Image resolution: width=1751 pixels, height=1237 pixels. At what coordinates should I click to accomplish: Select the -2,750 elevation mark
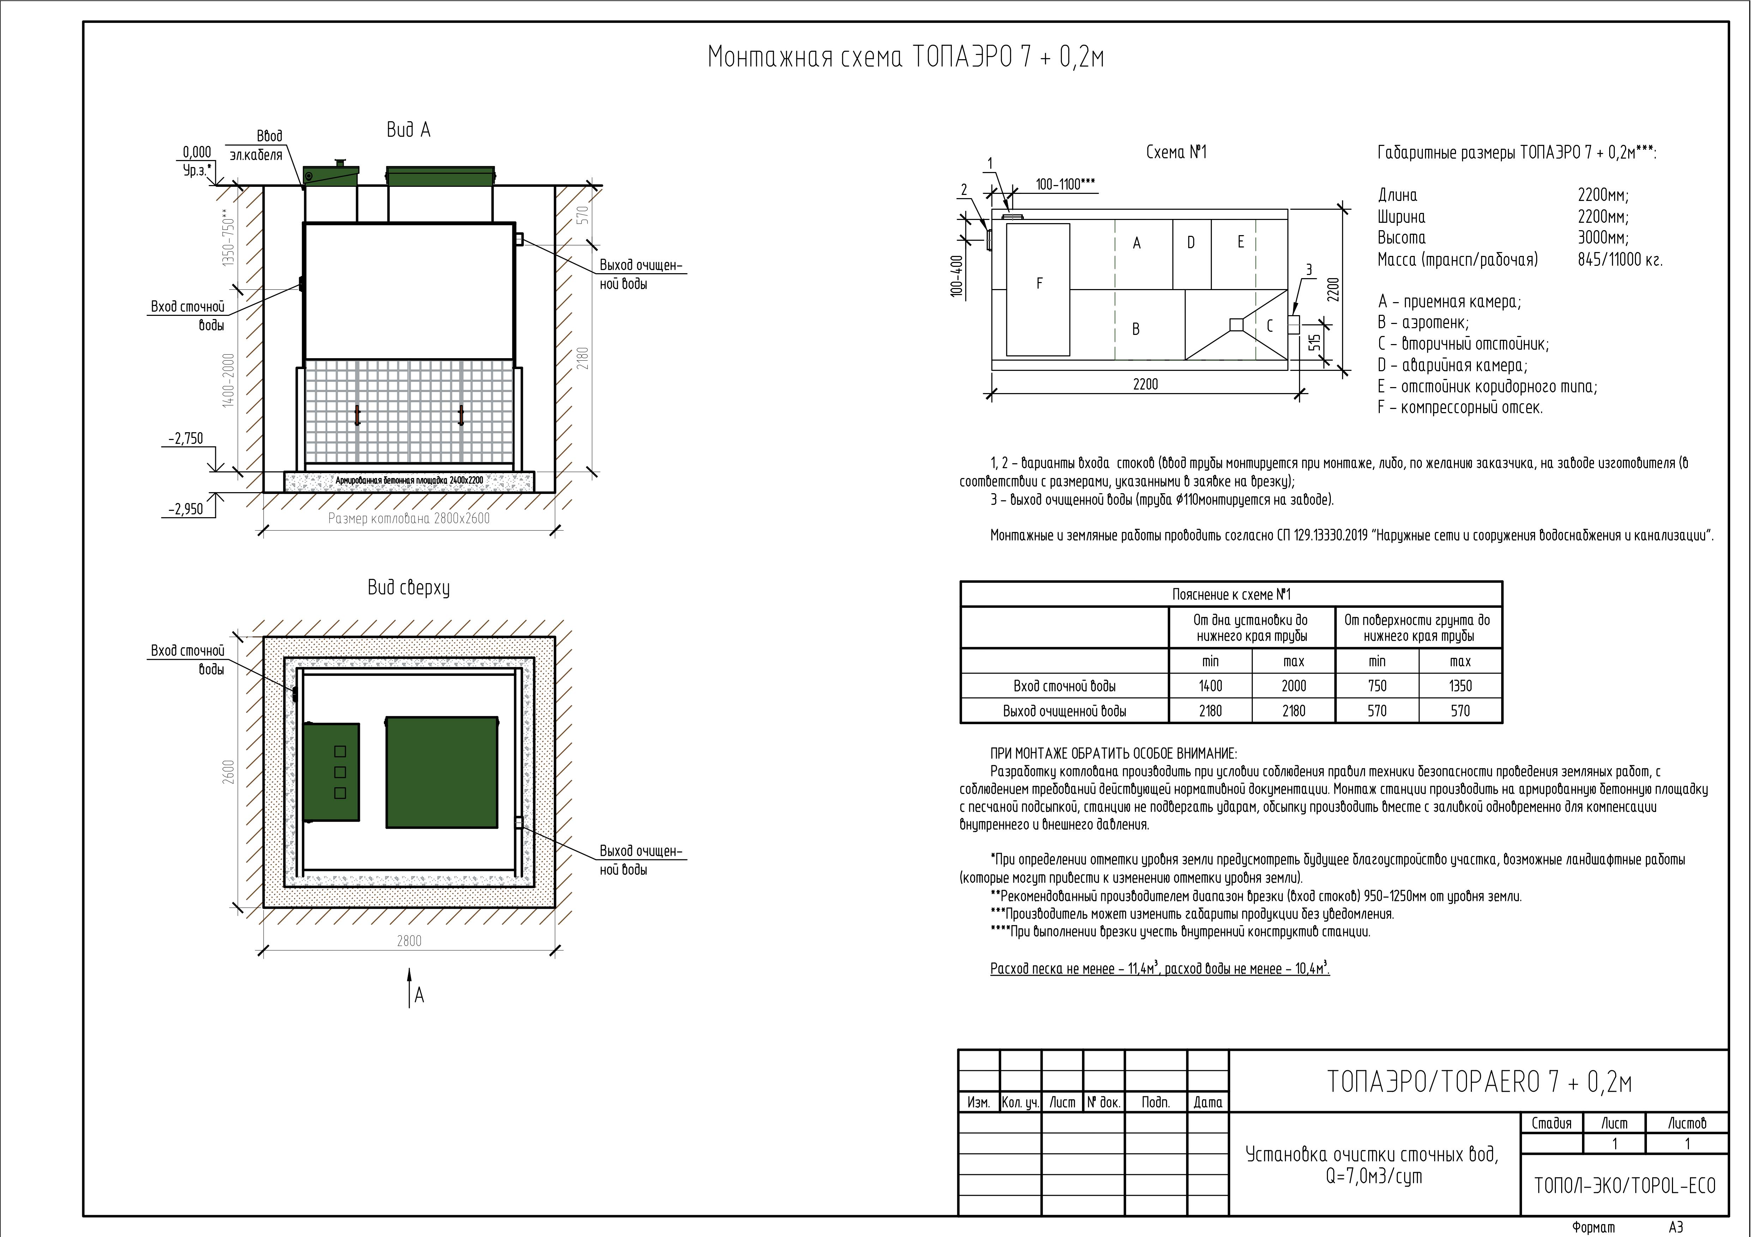click(x=186, y=439)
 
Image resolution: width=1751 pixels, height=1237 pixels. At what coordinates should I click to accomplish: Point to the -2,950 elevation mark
click(x=186, y=509)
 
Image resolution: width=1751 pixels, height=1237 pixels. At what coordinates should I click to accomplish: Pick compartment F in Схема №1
click(x=1039, y=283)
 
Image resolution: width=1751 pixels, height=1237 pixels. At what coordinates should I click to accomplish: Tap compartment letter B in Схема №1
click(x=1136, y=329)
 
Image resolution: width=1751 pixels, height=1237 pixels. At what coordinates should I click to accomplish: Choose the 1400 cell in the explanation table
click(x=1210, y=686)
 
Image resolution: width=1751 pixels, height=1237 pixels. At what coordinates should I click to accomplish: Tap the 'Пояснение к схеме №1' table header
click(x=1231, y=594)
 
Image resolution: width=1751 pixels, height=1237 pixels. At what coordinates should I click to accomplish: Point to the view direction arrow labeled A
click(x=410, y=987)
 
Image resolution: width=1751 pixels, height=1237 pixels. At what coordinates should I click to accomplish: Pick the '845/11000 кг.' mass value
click(x=1620, y=260)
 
